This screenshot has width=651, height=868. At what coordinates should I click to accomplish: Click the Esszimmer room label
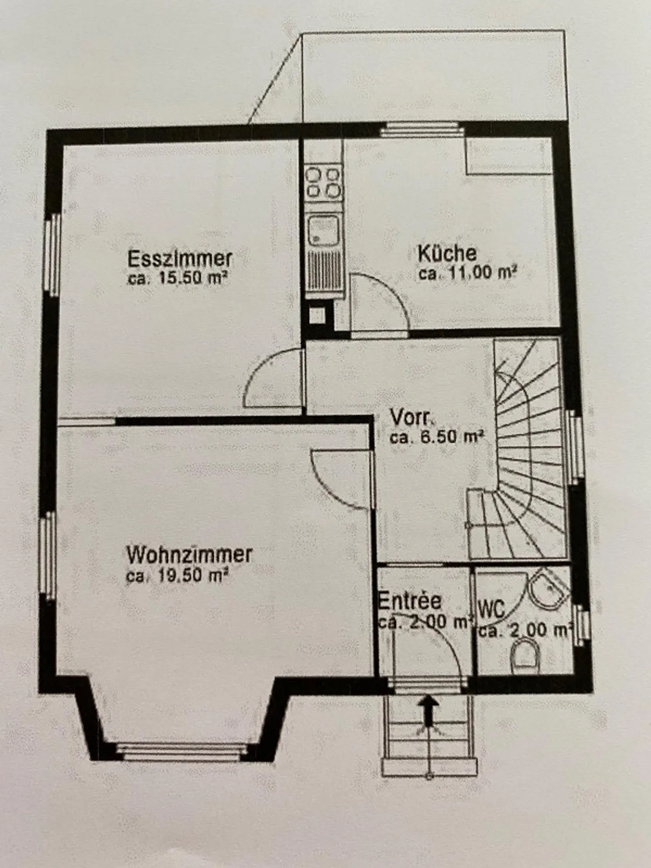(180, 259)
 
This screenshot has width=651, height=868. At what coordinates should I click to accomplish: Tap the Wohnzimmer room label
(189, 555)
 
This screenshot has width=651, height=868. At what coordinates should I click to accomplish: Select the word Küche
(447, 254)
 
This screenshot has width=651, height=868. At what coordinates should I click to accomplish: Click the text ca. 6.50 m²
(437, 437)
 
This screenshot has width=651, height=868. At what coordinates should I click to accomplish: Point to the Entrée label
(410, 601)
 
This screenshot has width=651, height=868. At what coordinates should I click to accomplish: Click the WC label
(491, 609)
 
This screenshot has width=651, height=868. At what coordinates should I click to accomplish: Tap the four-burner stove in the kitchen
(323, 183)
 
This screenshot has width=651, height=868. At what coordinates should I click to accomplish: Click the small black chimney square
(317, 315)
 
